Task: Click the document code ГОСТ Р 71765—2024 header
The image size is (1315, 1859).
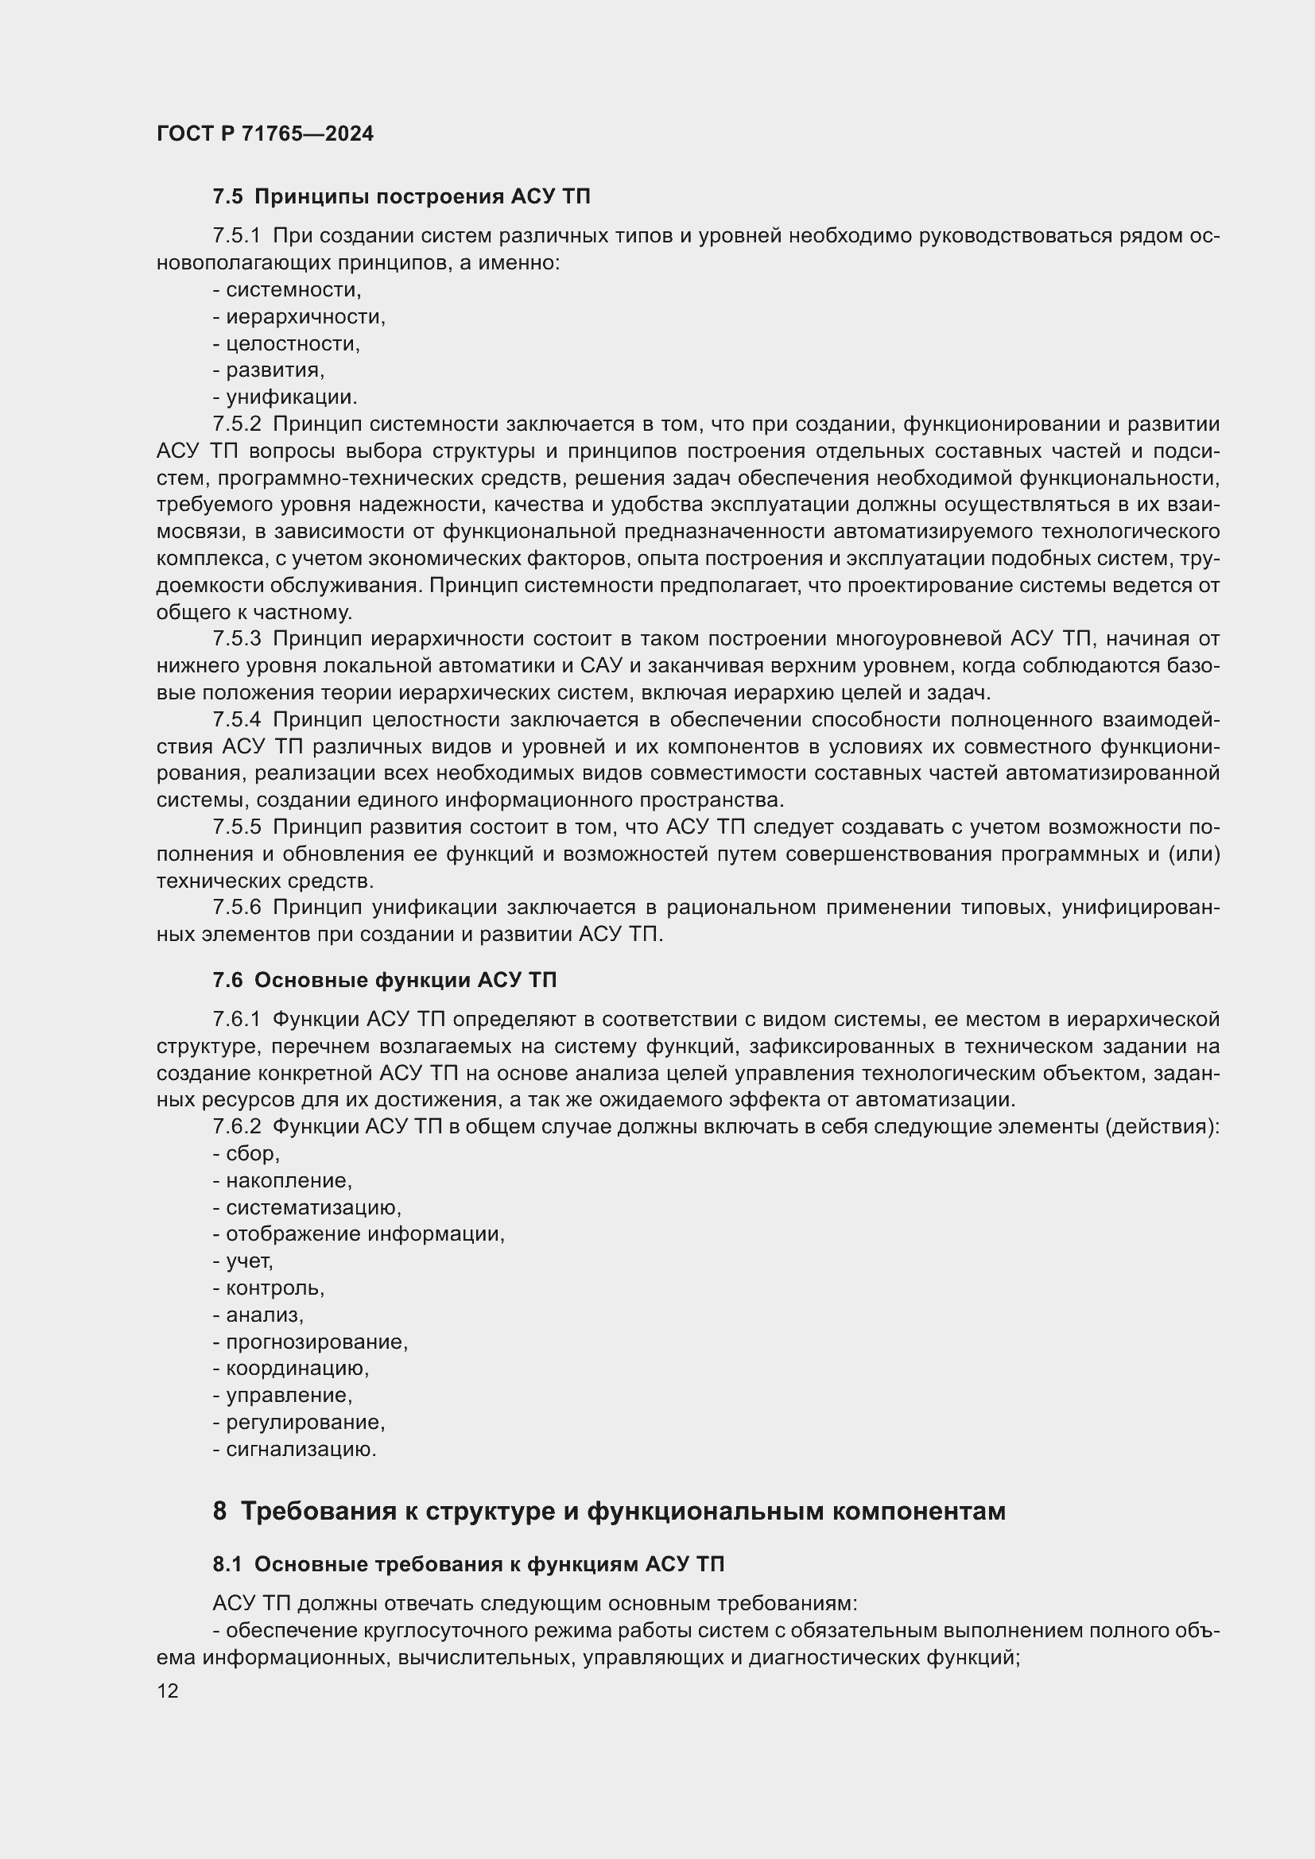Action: point(265,134)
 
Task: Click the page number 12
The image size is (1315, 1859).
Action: point(168,1691)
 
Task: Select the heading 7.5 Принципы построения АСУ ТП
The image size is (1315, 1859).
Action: point(401,197)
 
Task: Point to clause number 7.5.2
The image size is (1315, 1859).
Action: point(236,424)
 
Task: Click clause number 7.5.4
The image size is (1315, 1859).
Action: point(236,720)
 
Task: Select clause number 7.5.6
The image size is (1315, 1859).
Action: point(236,908)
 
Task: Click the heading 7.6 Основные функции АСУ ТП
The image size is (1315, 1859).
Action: point(385,981)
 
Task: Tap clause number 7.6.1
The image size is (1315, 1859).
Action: point(236,1020)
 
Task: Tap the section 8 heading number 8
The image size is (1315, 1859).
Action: point(219,1512)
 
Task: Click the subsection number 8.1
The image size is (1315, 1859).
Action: point(227,1565)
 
